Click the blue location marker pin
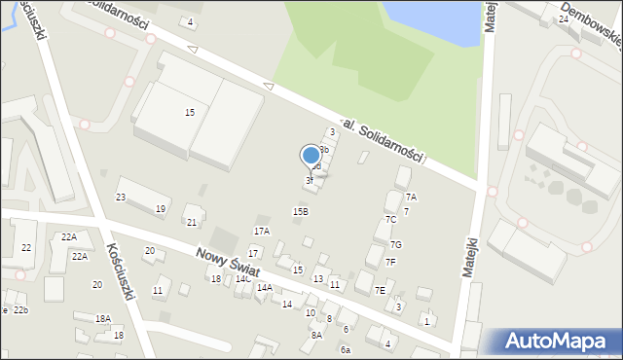[311, 157]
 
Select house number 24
[564, 19]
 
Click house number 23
[121, 198]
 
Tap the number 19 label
[161, 209]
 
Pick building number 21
[192, 223]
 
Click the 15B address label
[301, 211]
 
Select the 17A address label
[261, 232]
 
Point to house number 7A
[411, 198]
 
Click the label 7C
[390, 220]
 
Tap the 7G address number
[395, 245]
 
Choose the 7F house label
[390, 262]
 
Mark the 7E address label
[380, 290]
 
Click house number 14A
[264, 288]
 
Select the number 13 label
[317, 279]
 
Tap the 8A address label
[316, 335]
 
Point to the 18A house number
[103, 319]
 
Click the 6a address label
[345, 349]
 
